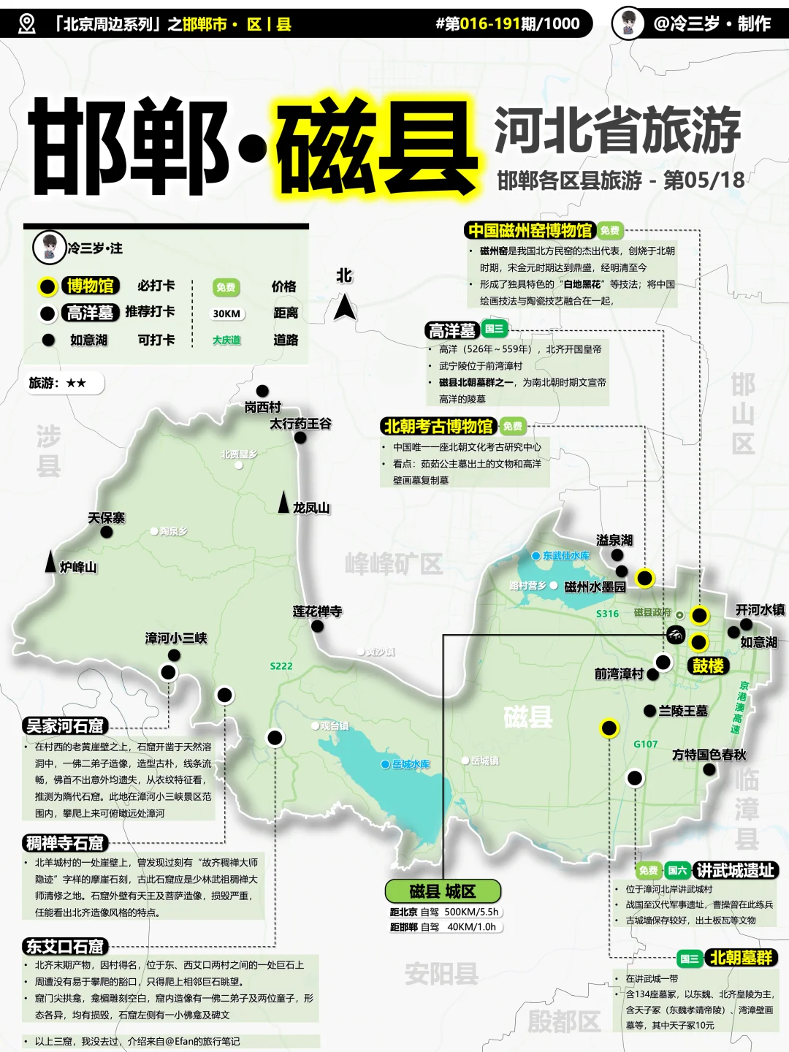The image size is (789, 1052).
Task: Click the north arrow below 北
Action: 345,307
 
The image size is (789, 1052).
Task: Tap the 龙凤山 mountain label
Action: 311,508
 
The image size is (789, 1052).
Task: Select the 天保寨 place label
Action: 107,518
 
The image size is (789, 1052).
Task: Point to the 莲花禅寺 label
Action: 317,611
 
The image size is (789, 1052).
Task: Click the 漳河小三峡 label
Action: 176,639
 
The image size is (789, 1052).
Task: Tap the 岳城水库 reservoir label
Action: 411,764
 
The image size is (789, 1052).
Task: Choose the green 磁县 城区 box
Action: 443,891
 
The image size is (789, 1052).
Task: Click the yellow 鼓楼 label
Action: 708,666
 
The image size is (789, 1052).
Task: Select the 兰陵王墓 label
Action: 683,711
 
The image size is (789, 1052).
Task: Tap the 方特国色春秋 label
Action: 709,755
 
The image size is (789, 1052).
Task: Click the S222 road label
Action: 281,666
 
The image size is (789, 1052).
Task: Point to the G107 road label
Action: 646,744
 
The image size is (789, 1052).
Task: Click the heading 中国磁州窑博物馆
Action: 530,231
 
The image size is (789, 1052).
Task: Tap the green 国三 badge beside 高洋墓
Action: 494,329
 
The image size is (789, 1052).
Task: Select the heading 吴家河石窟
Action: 66,726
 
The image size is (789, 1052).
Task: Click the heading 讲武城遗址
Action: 735,870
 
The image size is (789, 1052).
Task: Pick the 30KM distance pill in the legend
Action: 226,313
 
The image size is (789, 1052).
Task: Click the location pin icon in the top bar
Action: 27,24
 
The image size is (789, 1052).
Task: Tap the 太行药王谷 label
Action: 300,424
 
